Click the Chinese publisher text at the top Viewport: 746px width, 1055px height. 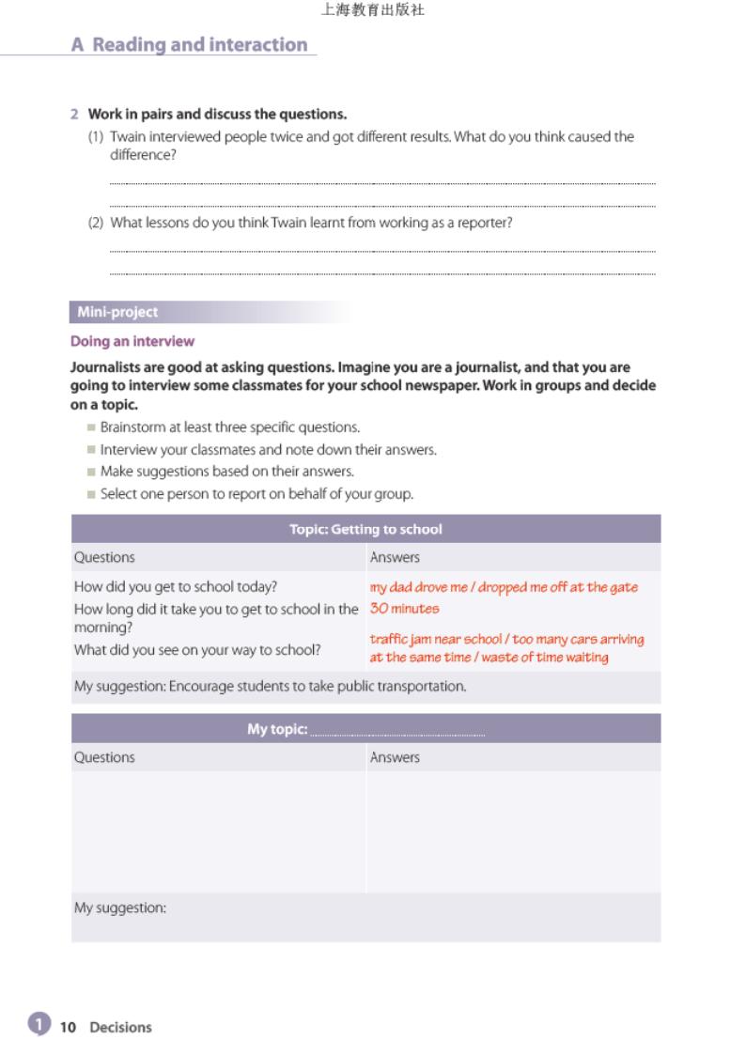(x=372, y=10)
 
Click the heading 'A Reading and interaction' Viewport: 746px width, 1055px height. (x=189, y=45)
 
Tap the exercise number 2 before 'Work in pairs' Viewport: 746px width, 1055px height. (x=74, y=115)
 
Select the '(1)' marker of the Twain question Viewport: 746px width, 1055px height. (x=96, y=137)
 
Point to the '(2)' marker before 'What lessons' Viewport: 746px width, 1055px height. (x=96, y=224)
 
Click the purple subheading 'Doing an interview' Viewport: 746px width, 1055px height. (x=132, y=341)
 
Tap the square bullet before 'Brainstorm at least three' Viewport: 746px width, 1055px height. (x=91, y=427)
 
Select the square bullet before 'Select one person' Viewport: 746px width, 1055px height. (x=91, y=494)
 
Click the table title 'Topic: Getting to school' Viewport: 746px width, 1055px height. (x=365, y=529)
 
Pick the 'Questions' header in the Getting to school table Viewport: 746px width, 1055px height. (x=104, y=558)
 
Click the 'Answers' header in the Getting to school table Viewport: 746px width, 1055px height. (x=395, y=558)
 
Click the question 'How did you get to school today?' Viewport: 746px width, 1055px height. (x=176, y=587)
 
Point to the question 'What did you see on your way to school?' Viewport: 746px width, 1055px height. (x=197, y=649)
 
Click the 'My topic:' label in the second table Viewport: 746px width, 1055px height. (x=277, y=729)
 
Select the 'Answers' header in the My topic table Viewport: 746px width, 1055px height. (x=395, y=757)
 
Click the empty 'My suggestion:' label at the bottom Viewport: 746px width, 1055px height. (x=120, y=908)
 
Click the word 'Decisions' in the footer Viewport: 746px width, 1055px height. (x=120, y=1027)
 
